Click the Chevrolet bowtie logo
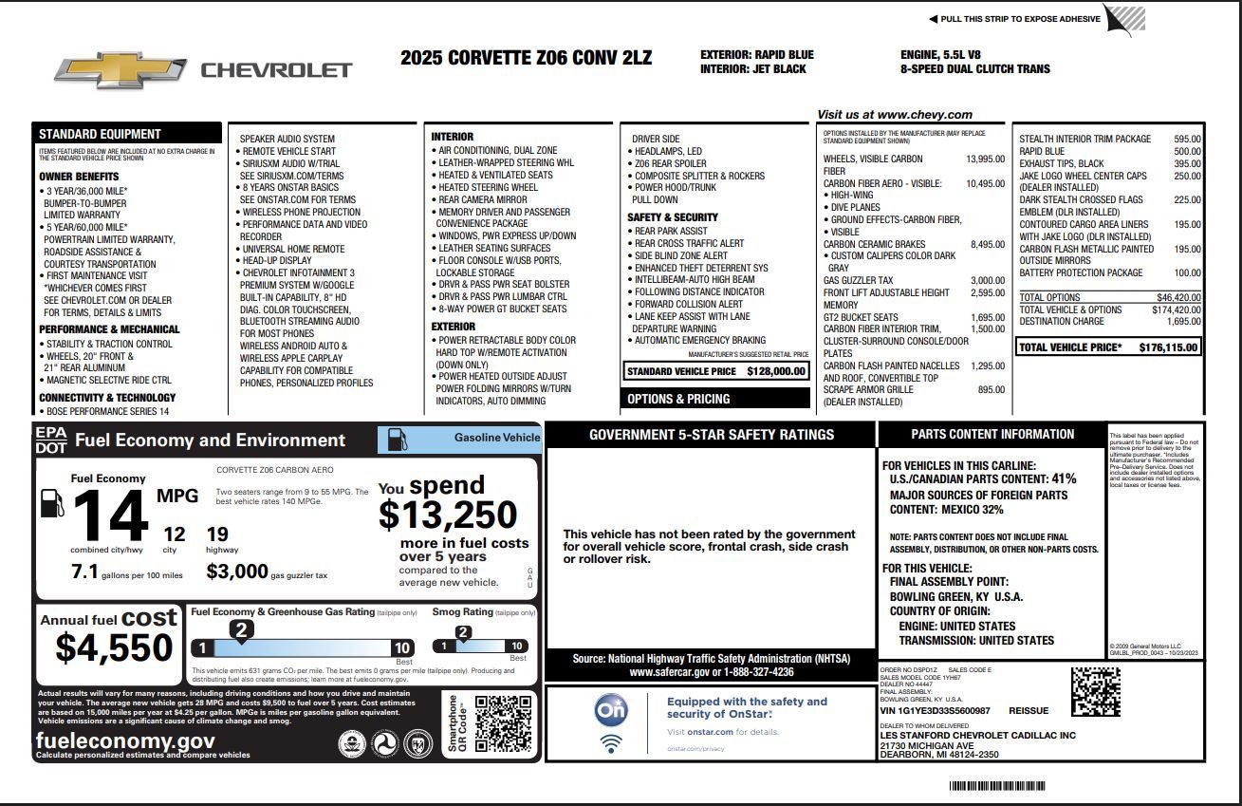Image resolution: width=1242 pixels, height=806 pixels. (x=120, y=70)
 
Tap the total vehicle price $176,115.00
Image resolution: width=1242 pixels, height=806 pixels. (x=1168, y=347)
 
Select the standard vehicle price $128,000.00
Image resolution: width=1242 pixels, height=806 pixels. (x=776, y=371)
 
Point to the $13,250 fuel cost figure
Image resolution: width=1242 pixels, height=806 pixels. (x=448, y=515)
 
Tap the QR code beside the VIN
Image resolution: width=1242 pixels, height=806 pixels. (x=1095, y=692)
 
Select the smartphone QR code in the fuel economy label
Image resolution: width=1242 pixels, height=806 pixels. (x=502, y=723)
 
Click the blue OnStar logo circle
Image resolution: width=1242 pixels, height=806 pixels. (x=611, y=710)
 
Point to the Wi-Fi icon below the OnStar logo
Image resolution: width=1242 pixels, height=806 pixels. (x=611, y=743)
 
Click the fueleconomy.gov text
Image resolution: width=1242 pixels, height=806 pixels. (x=125, y=740)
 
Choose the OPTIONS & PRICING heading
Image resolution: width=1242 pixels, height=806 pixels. (x=678, y=399)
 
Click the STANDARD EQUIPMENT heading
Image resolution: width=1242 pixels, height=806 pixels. (x=100, y=134)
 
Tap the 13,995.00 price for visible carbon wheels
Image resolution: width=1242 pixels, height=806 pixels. (x=985, y=159)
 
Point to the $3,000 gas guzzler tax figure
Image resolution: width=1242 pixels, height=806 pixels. (x=237, y=572)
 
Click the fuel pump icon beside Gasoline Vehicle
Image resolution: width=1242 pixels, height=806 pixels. (x=399, y=440)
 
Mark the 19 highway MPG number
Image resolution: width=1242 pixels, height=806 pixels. (x=217, y=534)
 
